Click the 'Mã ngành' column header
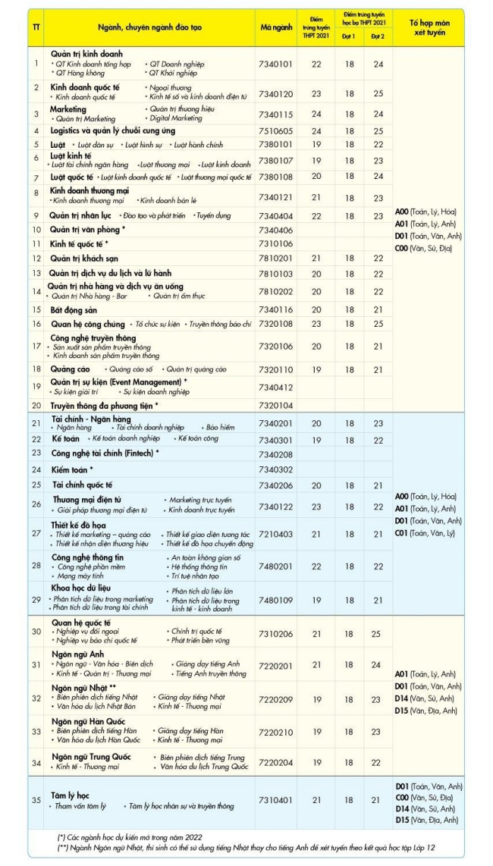tap(276, 27)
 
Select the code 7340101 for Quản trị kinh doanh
tap(276, 64)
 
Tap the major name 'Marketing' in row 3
tap(68, 109)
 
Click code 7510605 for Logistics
tap(276, 130)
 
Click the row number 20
tap(36, 406)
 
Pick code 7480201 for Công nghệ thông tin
tap(276, 566)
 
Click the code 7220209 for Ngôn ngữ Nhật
tap(276, 698)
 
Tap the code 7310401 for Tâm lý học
tap(276, 800)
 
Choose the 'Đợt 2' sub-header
tap(377, 36)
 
